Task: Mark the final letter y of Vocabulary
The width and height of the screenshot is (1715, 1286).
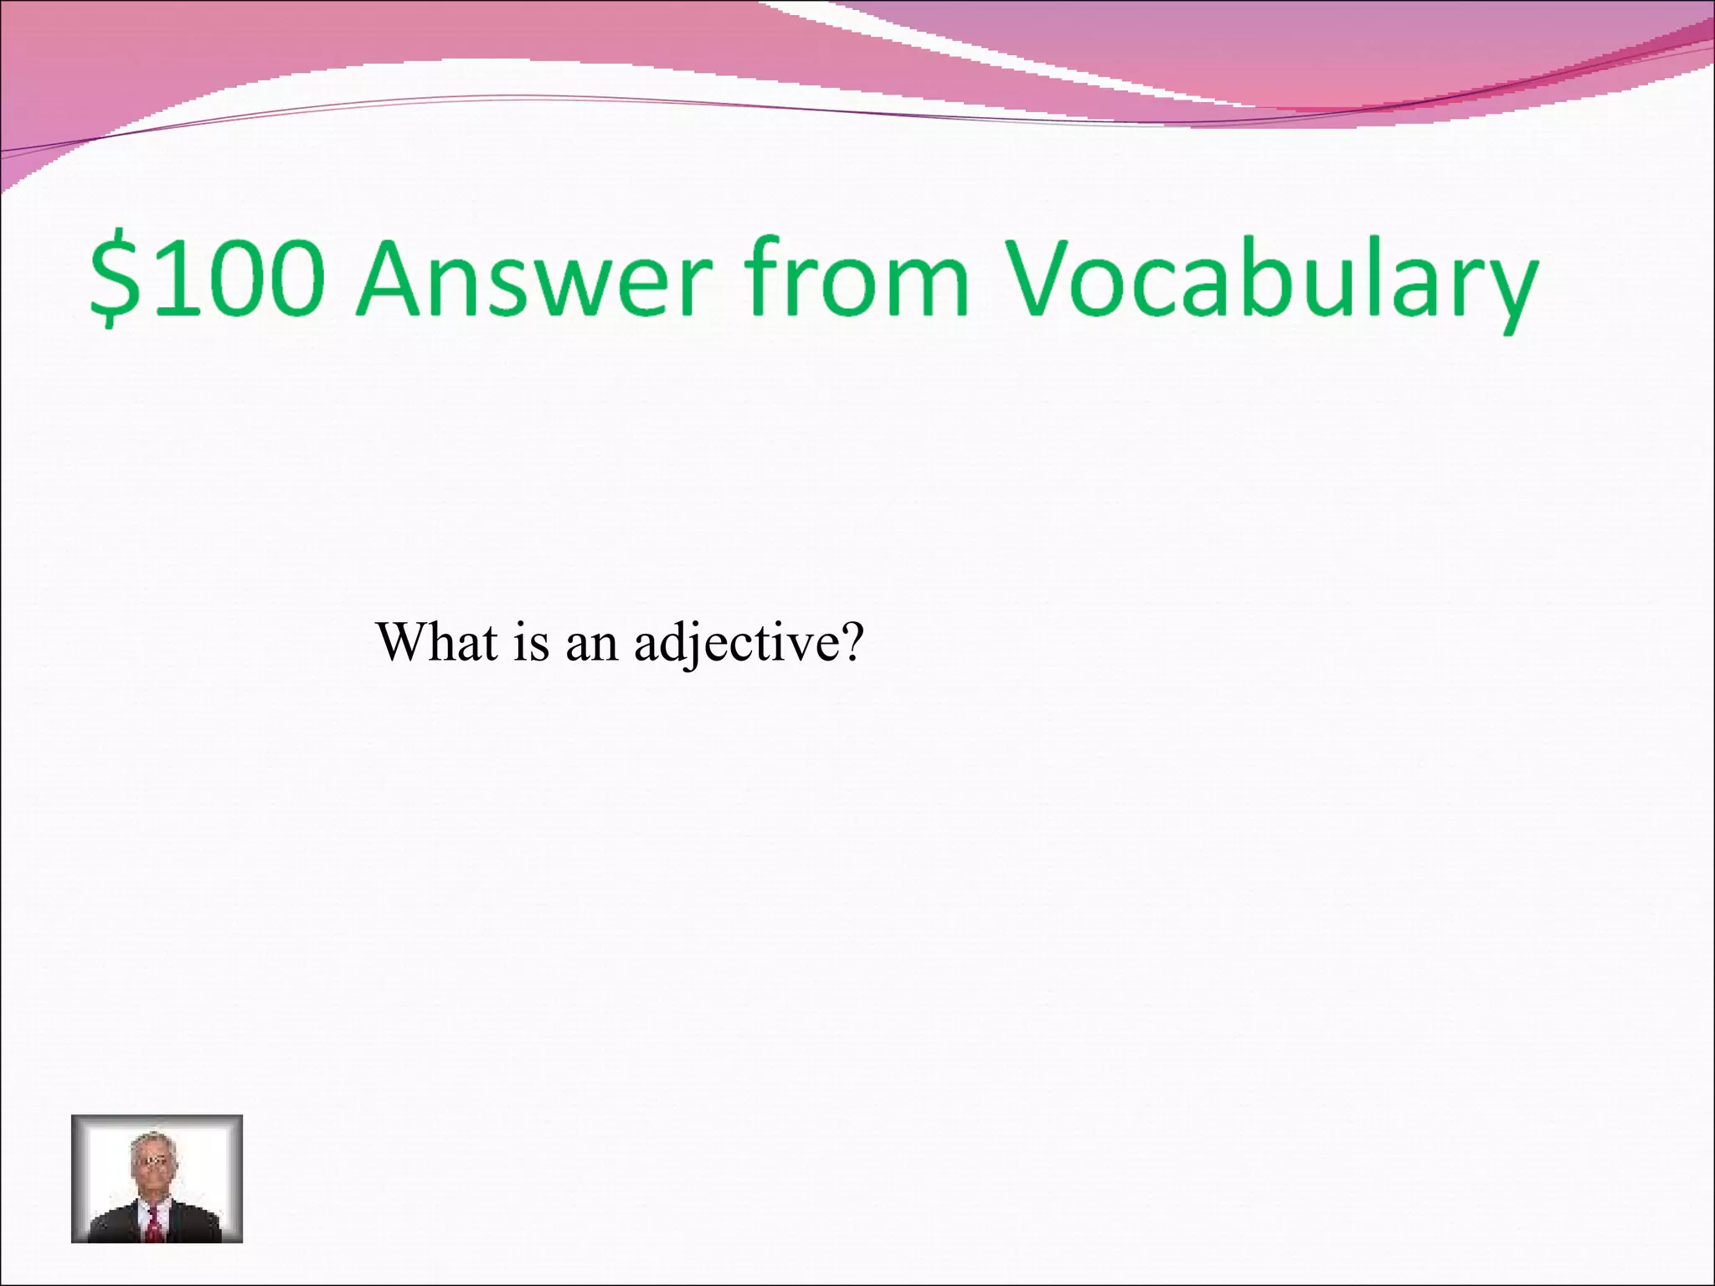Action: (1508, 289)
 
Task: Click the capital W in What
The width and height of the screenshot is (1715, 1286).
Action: (405, 643)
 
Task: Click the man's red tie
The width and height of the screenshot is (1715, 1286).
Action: (154, 1223)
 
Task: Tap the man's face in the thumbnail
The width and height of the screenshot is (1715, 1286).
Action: (151, 1164)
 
